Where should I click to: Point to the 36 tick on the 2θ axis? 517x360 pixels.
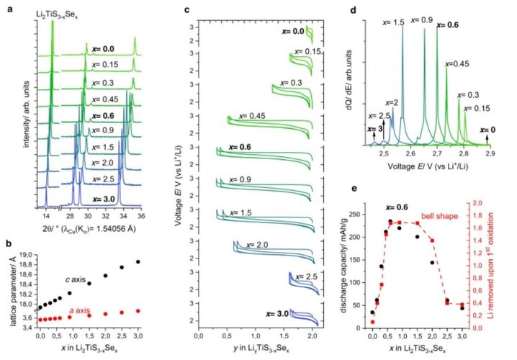point(141,215)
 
